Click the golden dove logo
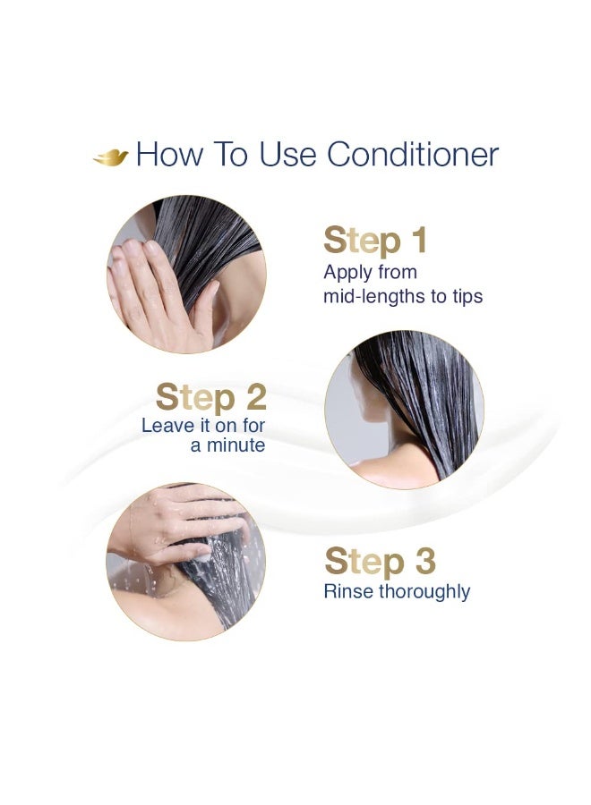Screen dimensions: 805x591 (x=111, y=157)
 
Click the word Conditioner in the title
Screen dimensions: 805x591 (x=413, y=155)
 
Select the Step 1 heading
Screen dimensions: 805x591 (x=375, y=241)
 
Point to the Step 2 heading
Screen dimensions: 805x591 (x=210, y=397)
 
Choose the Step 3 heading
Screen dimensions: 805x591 (x=380, y=561)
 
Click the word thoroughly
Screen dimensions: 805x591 (x=423, y=591)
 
